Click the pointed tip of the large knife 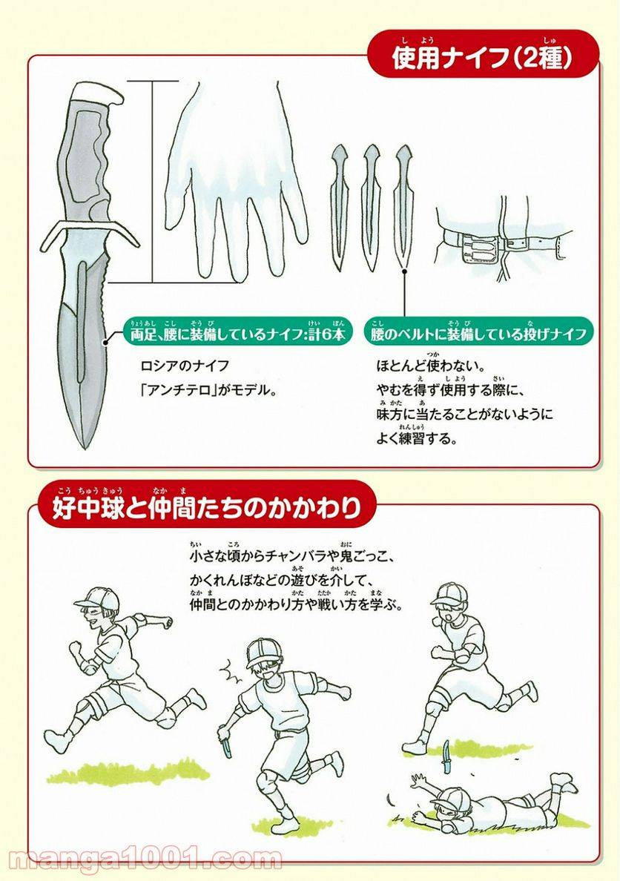86,448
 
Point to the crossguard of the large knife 90,231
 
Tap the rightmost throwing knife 403,208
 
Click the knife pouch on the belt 478,249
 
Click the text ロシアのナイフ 185,366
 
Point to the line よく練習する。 417,438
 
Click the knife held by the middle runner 228,744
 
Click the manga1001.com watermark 145,859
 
